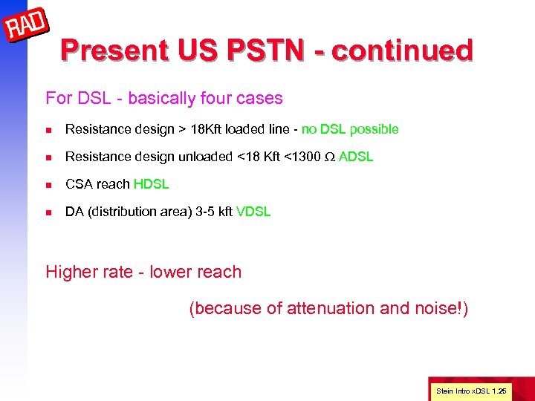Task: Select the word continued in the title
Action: point(402,50)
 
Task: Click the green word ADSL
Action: point(356,157)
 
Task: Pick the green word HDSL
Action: point(152,184)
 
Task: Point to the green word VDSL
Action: point(253,212)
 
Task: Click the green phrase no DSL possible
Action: point(350,129)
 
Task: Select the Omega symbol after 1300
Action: point(330,157)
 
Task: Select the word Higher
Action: point(71,272)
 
